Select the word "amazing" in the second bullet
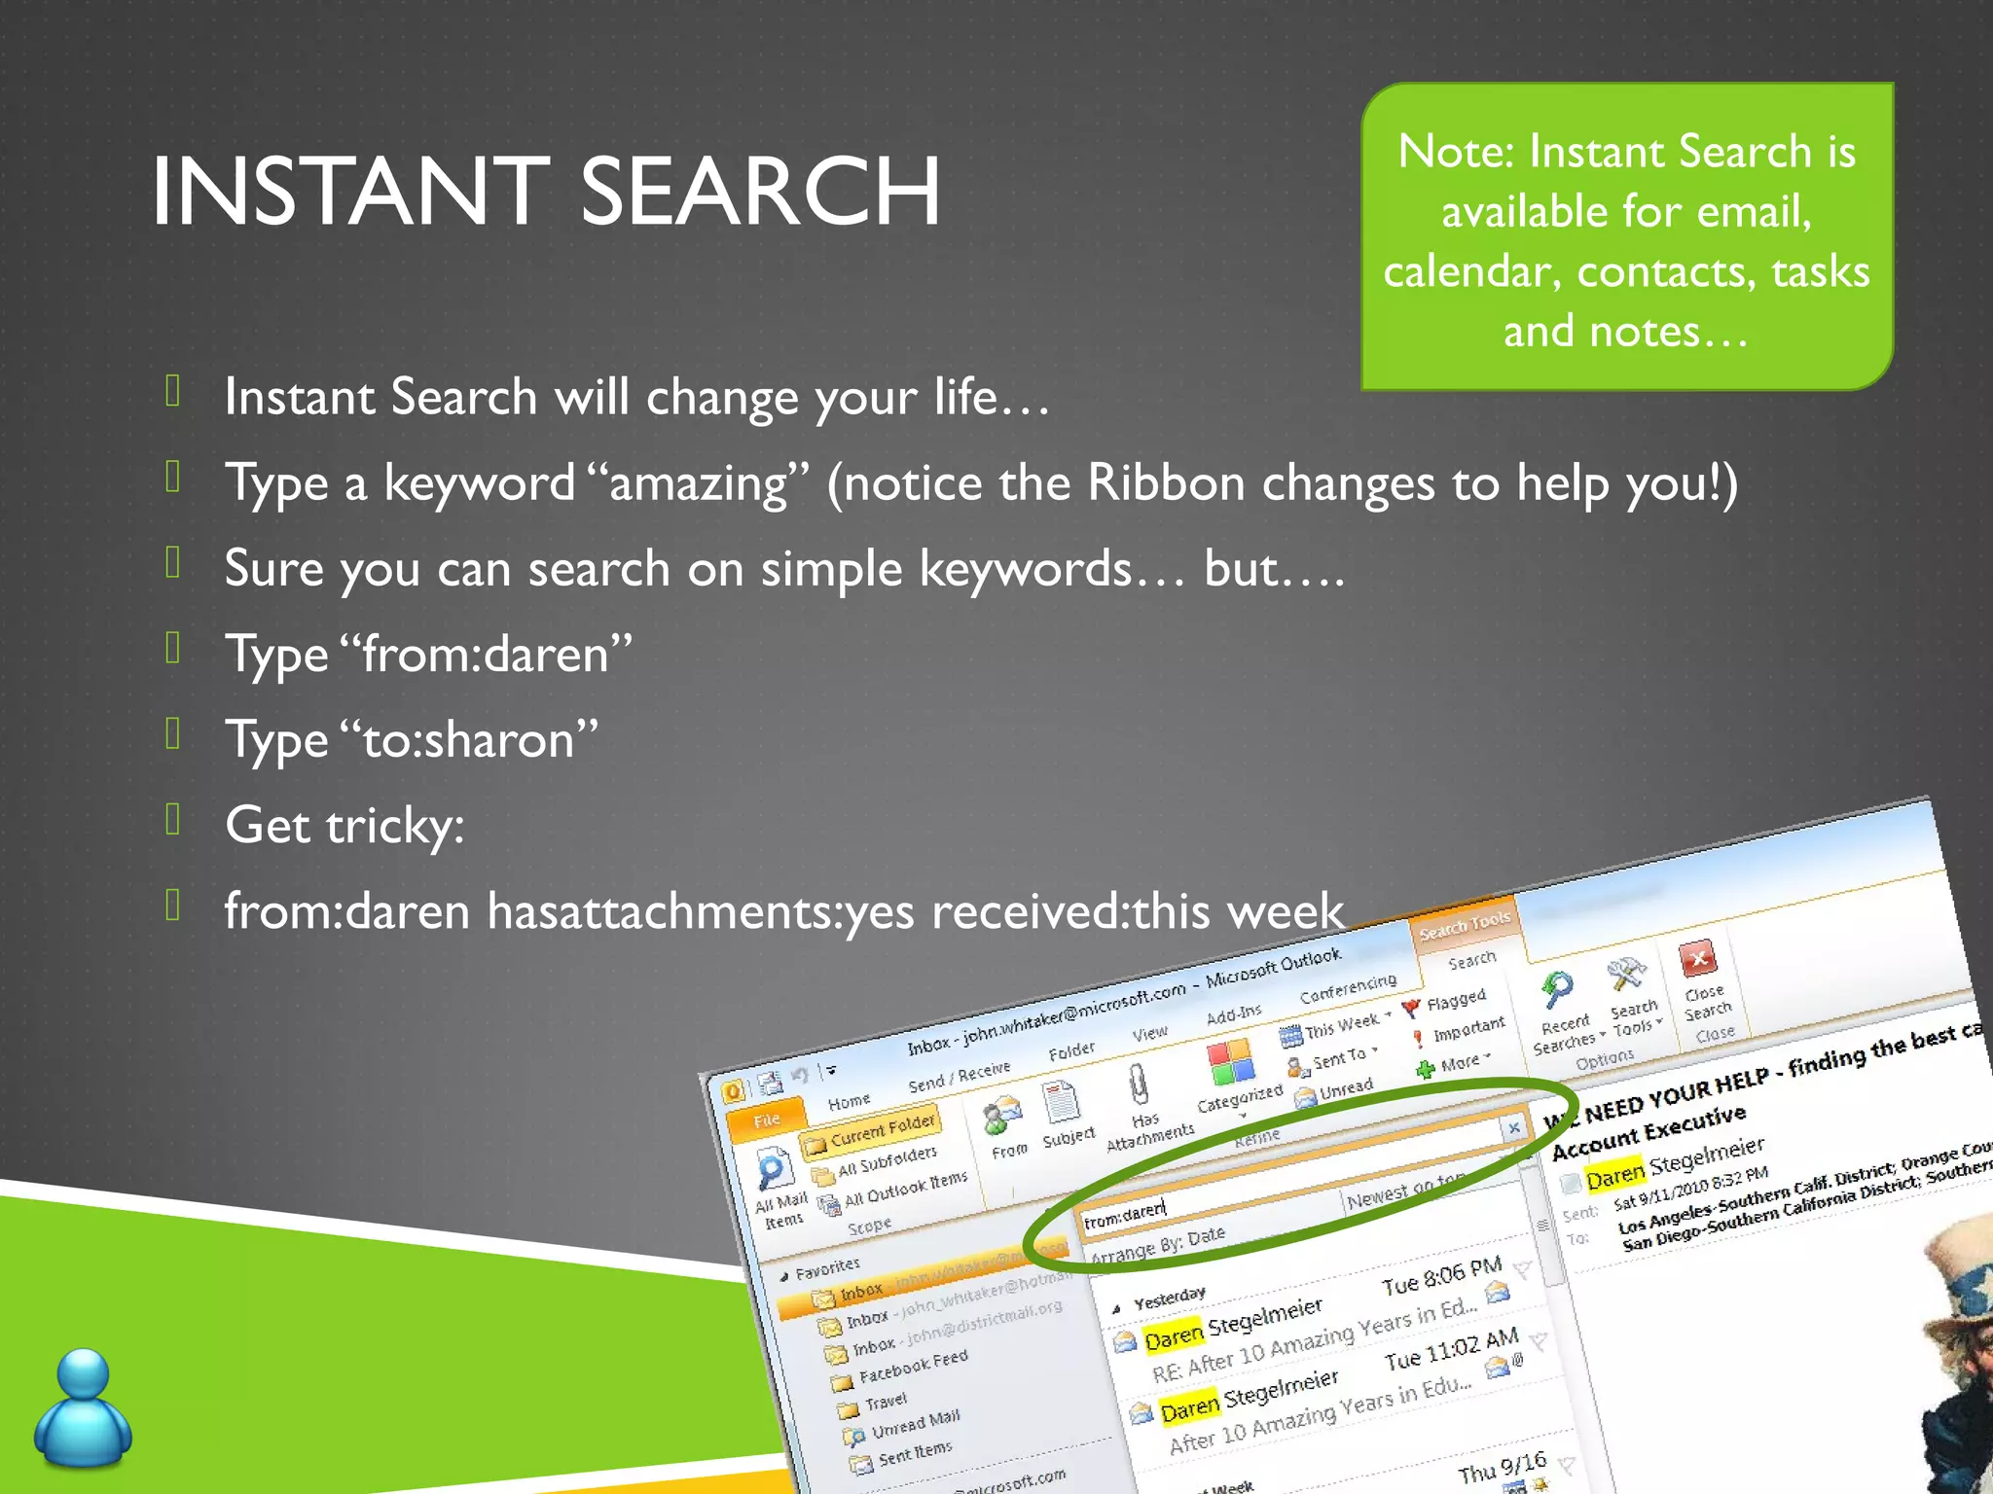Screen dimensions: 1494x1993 pos(699,483)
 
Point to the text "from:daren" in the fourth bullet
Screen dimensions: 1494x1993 pos(484,654)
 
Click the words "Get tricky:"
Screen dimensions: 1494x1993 pos(344,825)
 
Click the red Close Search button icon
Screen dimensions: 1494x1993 pos(1697,959)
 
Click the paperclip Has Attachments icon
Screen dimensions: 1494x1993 pos(1138,1084)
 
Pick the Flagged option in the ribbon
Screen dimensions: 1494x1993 pos(1455,1000)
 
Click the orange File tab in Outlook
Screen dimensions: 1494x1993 pos(766,1120)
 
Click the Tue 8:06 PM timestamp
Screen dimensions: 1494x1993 pos(1441,1277)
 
